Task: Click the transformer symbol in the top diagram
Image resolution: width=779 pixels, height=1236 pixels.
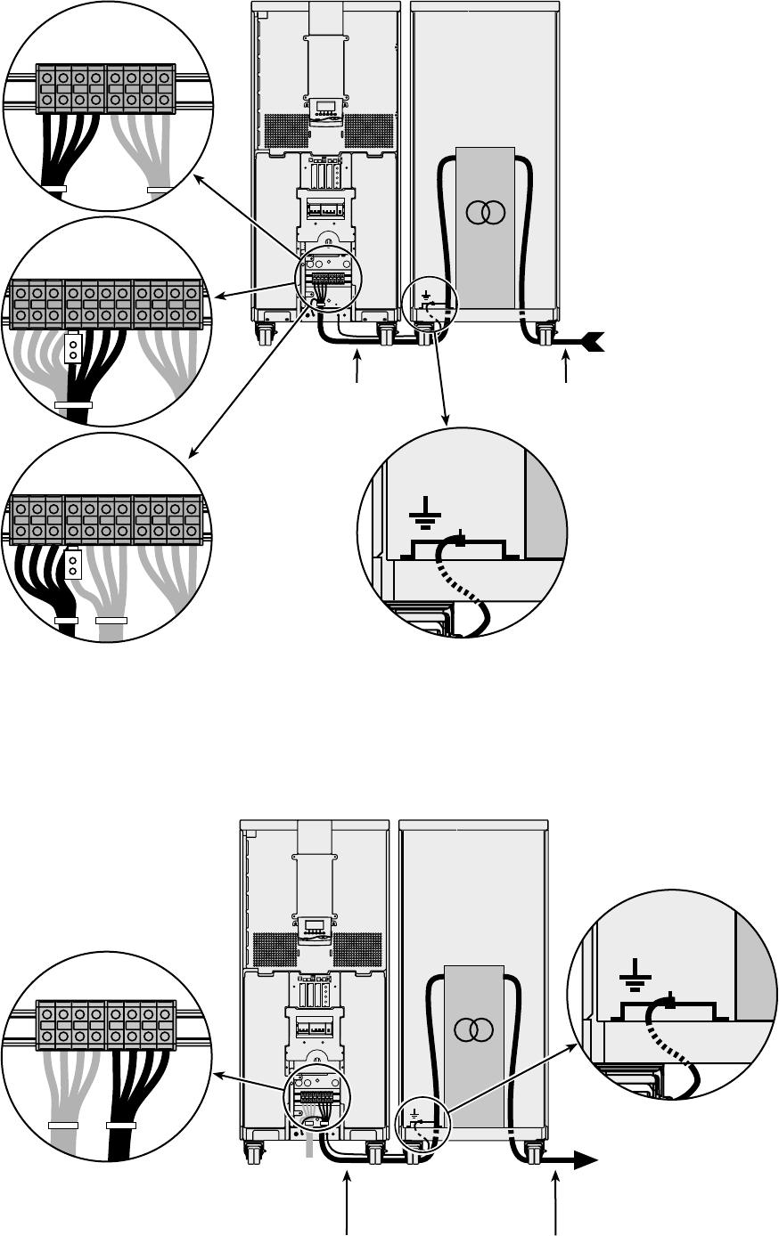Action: click(x=485, y=212)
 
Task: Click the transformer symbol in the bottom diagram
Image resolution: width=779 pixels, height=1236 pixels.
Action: click(x=473, y=1029)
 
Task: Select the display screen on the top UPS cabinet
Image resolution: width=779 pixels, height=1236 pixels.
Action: click(x=324, y=106)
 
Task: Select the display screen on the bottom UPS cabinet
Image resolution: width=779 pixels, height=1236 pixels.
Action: click(x=315, y=925)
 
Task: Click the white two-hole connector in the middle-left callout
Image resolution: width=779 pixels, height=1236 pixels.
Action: click(x=73, y=347)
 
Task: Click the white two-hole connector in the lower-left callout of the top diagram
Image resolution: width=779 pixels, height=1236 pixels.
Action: click(x=73, y=564)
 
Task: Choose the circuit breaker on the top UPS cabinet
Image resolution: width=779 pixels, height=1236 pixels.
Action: click(x=325, y=208)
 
